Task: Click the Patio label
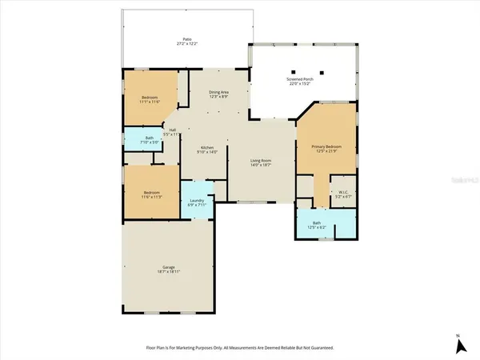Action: [x=186, y=38]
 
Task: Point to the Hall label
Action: [x=173, y=130]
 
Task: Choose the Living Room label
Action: [x=261, y=161]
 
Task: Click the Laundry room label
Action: [x=196, y=201]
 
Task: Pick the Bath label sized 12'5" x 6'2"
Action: [x=317, y=223]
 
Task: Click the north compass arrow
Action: [x=459, y=346]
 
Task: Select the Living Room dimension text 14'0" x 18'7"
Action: [x=261, y=166]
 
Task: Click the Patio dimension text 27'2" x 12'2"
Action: [x=186, y=43]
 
